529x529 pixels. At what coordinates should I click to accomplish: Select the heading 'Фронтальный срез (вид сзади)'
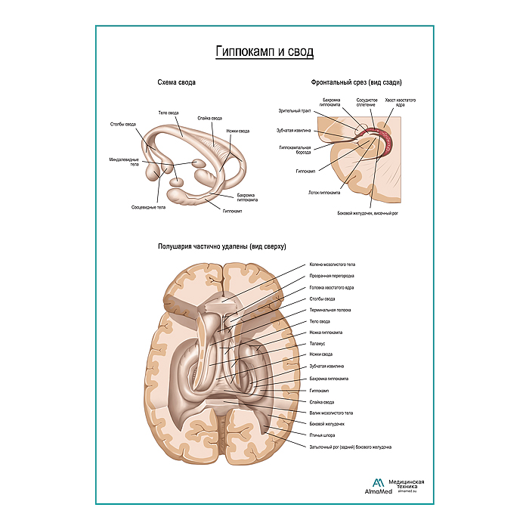(x=355, y=82)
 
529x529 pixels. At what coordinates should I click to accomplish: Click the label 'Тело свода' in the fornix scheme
(x=168, y=113)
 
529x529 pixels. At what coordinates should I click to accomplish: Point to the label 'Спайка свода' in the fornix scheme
(x=210, y=118)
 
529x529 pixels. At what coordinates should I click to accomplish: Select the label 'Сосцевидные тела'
(x=148, y=206)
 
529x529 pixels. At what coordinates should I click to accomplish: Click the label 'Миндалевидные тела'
(x=123, y=162)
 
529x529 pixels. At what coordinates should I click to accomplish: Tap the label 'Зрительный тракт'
(x=295, y=111)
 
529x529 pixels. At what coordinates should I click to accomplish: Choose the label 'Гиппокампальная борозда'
(x=295, y=150)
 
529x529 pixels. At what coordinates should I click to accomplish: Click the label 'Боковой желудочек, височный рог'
(x=367, y=214)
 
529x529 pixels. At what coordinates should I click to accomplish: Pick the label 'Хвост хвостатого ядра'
(x=400, y=102)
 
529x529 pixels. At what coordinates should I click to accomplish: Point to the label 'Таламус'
(x=318, y=343)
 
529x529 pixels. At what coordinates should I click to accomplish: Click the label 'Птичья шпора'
(x=323, y=435)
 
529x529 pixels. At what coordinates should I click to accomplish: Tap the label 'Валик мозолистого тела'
(x=331, y=413)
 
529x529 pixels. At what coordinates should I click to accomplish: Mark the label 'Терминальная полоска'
(x=330, y=310)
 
